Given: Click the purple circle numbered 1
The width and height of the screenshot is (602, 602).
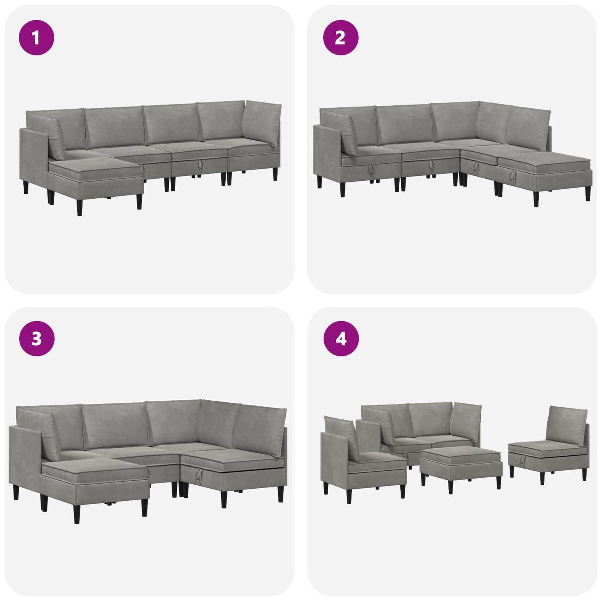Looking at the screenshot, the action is (37, 37).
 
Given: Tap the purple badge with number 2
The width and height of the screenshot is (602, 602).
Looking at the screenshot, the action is (340, 37).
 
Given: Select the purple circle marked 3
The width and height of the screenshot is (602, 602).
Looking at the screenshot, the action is (37, 338).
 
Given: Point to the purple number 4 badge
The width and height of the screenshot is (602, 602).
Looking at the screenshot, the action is (341, 338).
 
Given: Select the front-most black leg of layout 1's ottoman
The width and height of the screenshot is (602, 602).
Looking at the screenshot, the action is (80, 207).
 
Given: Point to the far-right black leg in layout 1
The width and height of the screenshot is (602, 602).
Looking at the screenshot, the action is (275, 174).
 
